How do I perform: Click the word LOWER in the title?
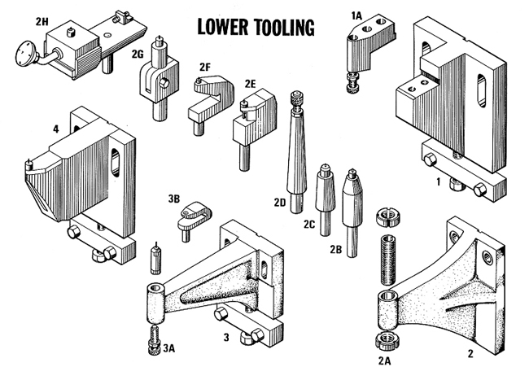point(218,27)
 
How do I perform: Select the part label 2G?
point(139,53)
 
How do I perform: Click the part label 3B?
point(173,199)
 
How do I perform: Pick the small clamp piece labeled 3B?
point(194,218)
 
